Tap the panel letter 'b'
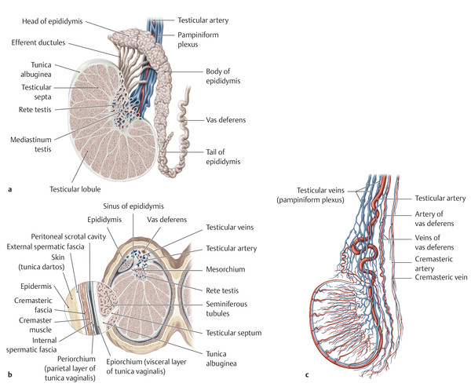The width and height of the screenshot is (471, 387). click(7, 379)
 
